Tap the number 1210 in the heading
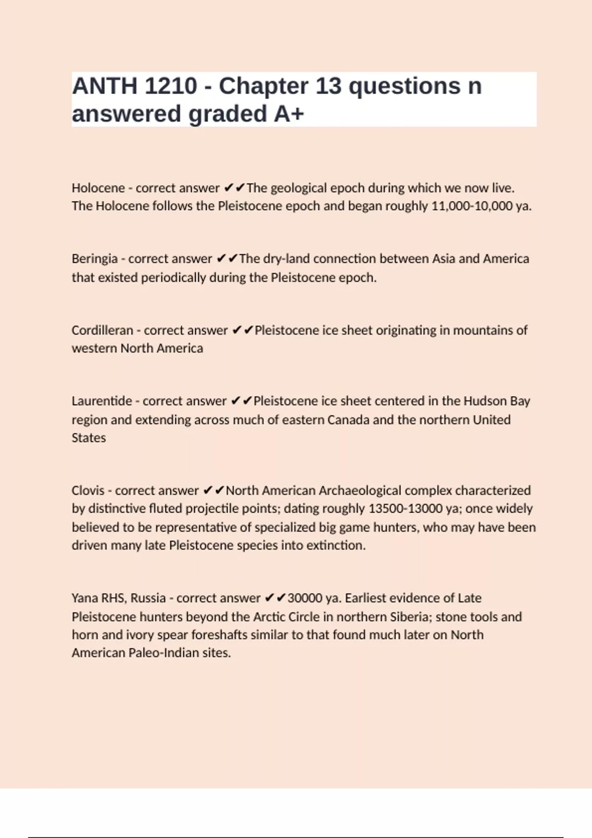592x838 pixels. click(171, 86)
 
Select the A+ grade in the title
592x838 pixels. click(289, 114)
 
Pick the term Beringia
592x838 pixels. click(94, 259)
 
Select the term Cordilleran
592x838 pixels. click(102, 330)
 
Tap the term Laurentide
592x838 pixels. click(102, 401)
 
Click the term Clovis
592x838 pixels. click(87, 490)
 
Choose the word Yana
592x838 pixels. click(84, 598)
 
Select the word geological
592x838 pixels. click(298, 188)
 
